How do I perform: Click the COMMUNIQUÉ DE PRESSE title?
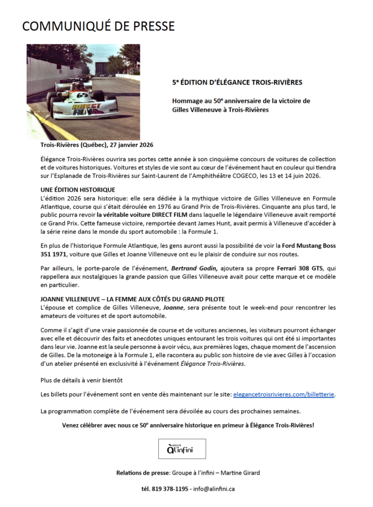(98, 26)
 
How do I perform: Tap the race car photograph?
(83, 92)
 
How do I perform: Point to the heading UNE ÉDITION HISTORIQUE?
(78, 190)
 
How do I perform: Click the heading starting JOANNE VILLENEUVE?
(133, 299)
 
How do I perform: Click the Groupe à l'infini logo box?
(182, 448)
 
